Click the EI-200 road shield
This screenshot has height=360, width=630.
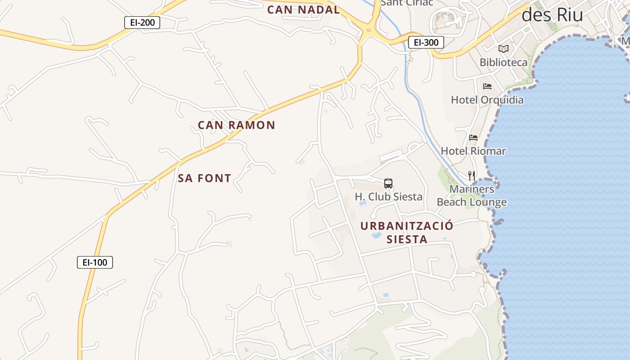click(x=142, y=22)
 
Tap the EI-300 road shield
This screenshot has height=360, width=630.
click(x=426, y=42)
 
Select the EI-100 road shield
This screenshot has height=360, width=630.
click(x=95, y=262)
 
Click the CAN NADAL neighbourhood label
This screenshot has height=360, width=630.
click(x=303, y=9)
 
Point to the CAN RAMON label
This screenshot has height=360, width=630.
click(x=236, y=125)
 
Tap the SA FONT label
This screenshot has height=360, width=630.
click(x=204, y=178)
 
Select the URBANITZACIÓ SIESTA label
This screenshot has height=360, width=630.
click(x=407, y=232)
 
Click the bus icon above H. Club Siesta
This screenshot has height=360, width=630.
click(x=388, y=183)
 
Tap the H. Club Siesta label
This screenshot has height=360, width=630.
click(x=388, y=197)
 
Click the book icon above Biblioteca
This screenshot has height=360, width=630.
click(x=503, y=49)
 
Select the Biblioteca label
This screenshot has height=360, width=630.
click(x=503, y=62)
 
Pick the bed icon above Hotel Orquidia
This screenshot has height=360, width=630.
click(x=487, y=86)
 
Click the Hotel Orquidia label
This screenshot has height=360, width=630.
click(x=487, y=99)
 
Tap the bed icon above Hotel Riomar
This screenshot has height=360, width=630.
click(x=473, y=137)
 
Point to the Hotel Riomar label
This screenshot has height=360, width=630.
click(x=473, y=151)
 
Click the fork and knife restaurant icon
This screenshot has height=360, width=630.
click(x=472, y=175)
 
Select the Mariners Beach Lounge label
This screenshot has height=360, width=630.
click(x=472, y=196)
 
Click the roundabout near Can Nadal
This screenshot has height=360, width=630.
click(x=369, y=31)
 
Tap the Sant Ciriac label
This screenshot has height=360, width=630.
click(x=407, y=3)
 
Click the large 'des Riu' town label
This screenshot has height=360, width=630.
click(x=552, y=15)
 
